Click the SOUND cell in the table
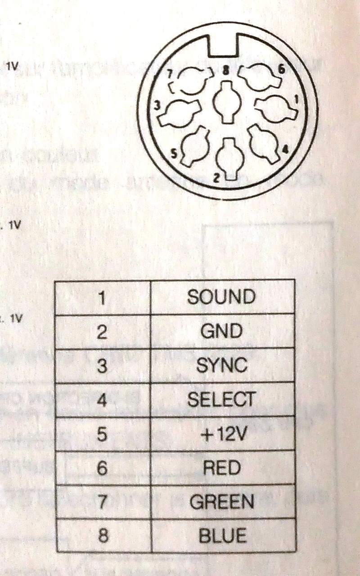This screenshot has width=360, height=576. [x=221, y=297]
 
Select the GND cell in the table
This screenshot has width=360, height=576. [x=221, y=331]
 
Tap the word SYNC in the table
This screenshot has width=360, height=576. [x=221, y=365]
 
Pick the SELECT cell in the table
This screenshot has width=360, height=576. [x=221, y=399]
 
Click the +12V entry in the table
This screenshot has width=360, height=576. [x=221, y=434]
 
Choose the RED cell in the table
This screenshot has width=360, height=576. [x=221, y=468]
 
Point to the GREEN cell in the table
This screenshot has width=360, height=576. [x=221, y=502]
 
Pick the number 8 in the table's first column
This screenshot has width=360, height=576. [x=102, y=536]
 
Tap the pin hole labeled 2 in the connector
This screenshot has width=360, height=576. [x=228, y=155]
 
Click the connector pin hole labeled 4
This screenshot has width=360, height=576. [x=265, y=143]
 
